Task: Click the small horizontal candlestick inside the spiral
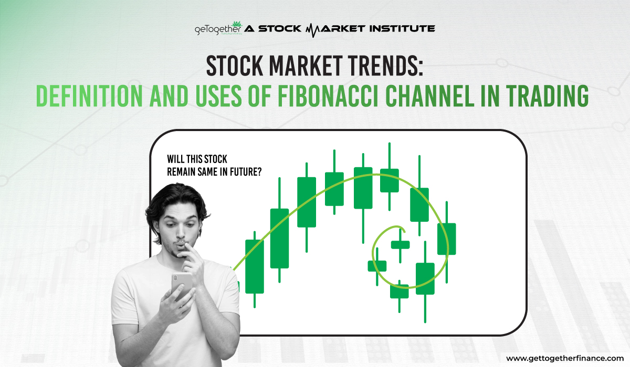400,244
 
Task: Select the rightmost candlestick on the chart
446,239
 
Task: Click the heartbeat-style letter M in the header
313,28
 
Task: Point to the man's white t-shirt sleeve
126,294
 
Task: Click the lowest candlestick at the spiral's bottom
399,291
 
